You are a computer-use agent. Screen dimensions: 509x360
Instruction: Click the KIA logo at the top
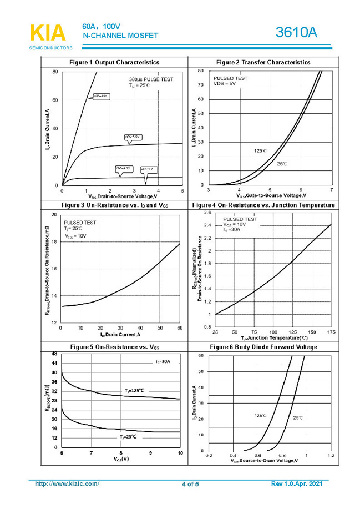coord(47,33)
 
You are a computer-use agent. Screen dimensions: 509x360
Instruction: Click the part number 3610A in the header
coord(296,33)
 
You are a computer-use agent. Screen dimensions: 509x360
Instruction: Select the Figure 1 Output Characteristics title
coord(114,62)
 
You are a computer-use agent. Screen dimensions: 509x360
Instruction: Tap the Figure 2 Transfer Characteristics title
coord(263,62)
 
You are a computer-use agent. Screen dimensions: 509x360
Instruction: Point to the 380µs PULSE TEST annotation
coord(151,79)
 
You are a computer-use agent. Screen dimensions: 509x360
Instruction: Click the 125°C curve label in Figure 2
coord(260,150)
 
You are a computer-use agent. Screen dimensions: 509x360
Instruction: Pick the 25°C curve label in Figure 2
coord(282,164)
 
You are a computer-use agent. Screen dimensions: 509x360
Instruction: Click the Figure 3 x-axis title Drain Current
coord(120,335)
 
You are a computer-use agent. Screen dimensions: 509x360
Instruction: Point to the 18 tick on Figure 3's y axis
coord(53,241)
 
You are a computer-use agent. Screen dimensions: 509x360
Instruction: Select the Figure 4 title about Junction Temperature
coord(263,205)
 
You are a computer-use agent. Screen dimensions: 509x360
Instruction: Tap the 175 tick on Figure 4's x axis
coord(331,331)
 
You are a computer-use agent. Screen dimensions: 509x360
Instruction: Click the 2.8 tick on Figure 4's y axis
coord(207,213)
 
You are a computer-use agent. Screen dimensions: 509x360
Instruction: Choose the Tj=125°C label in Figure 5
coord(134,390)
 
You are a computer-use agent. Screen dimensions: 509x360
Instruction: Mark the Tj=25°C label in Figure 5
coord(128,437)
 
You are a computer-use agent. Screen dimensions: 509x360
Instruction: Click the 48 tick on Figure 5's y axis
coord(54,354)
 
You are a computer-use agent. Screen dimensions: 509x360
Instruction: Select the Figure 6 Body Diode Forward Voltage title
coord(263,347)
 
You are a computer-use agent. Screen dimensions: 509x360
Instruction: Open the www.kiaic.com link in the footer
coord(67,484)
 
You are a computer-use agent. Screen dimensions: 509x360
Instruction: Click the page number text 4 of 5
coord(190,485)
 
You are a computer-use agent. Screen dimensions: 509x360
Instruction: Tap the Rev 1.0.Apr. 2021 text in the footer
coord(296,484)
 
